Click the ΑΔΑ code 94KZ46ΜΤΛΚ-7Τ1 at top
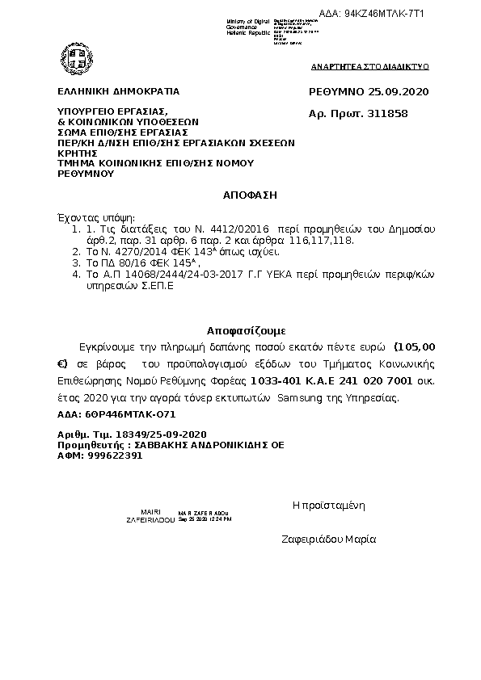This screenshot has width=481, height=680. pyautogui.click(x=384, y=14)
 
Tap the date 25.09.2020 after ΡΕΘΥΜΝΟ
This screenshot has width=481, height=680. pyautogui.click(x=394, y=91)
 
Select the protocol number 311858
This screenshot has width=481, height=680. pyautogui.click(x=387, y=113)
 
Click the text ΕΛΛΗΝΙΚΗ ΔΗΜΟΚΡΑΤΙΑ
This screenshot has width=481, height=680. pyautogui.click(x=118, y=91)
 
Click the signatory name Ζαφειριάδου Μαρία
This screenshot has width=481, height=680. pyautogui.click(x=328, y=539)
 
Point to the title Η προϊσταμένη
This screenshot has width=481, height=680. pyautogui.click(x=329, y=506)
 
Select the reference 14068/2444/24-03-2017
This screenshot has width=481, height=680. pyautogui.click(x=157, y=275)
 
